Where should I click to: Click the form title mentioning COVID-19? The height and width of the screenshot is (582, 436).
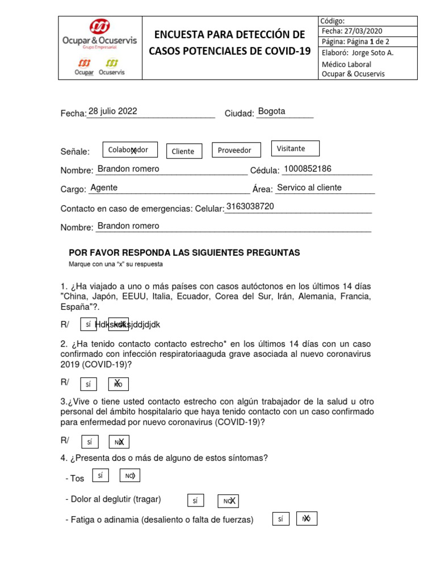(230, 43)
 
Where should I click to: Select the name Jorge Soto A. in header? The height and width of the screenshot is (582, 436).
(373, 53)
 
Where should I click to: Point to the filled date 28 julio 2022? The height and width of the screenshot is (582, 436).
(113, 111)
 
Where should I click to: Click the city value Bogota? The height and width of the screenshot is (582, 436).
(271, 111)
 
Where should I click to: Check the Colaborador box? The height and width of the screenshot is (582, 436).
(130, 149)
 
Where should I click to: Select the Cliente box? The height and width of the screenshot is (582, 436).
(183, 151)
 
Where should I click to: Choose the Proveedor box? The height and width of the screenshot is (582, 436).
(236, 150)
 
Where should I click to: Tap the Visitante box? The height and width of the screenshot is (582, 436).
(295, 148)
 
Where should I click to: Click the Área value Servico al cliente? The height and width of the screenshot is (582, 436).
(309, 188)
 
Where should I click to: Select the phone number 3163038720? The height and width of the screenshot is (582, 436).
(250, 206)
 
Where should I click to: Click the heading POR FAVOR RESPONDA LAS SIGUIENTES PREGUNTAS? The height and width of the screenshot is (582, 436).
(185, 252)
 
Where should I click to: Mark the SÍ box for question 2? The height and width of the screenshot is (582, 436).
(88, 384)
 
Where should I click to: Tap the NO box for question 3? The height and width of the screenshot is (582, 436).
(119, 442)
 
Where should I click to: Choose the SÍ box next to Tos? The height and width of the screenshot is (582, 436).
(100, 476)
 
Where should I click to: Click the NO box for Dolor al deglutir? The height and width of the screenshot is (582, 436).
(228, 501)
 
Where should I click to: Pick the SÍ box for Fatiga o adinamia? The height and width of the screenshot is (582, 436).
(280, 518)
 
